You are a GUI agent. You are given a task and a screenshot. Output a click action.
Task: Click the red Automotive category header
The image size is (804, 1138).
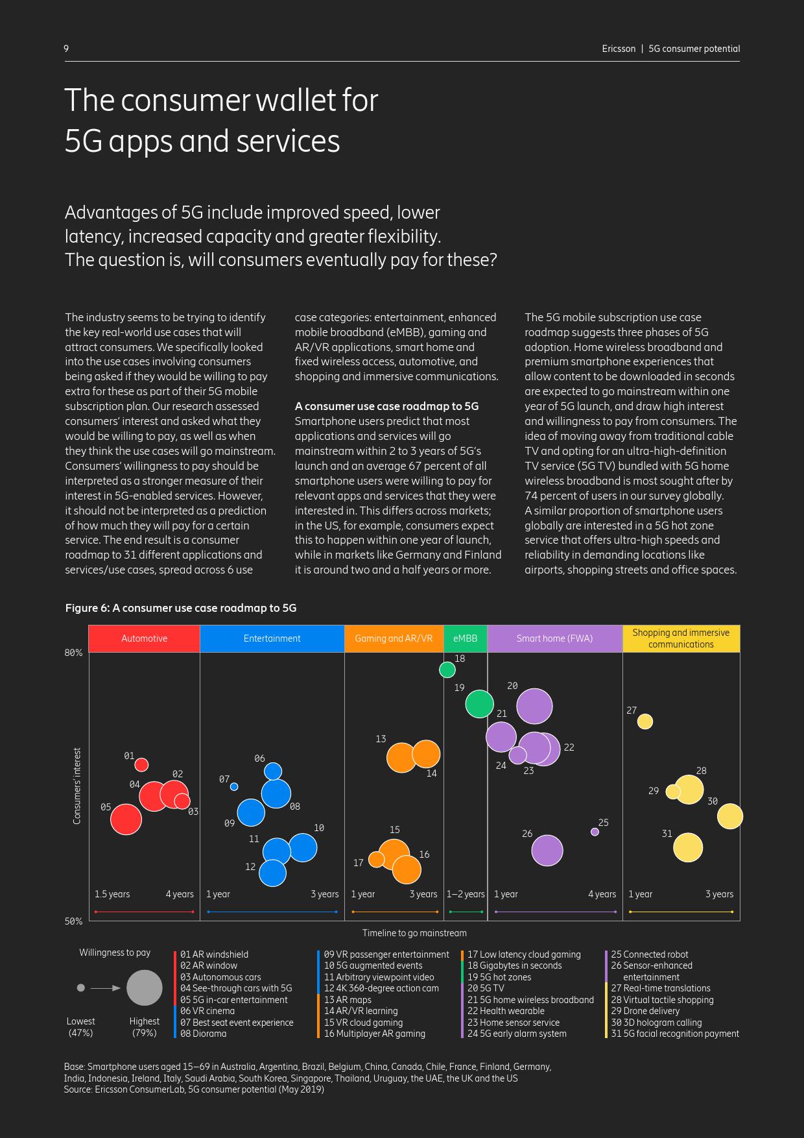[144, 638]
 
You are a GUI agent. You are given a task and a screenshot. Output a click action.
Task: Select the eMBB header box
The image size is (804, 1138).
[466, 638]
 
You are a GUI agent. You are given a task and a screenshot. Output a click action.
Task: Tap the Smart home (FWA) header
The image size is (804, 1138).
[554, 638]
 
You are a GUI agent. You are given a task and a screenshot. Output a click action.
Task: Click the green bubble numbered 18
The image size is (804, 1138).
[447, 670]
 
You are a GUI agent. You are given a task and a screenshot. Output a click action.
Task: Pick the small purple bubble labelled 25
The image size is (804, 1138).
[595, 832]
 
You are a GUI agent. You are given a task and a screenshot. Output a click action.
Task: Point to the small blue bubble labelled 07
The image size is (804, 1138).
[234, 786]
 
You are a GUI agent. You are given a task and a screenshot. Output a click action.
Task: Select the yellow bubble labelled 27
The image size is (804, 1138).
[644, 721]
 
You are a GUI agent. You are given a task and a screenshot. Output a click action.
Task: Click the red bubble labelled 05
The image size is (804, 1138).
[126, 819]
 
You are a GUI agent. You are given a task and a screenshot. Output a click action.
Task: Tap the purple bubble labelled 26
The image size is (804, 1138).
[547, 850]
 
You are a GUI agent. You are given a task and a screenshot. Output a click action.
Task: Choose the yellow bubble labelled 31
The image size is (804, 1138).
[688, 847]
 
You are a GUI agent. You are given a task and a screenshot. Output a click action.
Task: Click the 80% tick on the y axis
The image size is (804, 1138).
[74, 653]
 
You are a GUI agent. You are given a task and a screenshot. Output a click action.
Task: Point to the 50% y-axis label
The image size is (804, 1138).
[74, 921]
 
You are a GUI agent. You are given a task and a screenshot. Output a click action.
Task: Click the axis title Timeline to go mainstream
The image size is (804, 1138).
[414, 933]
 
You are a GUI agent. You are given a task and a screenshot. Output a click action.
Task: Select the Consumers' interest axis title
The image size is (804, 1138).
[77, 786]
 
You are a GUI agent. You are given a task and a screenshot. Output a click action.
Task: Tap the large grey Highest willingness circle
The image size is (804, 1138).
[144, 988]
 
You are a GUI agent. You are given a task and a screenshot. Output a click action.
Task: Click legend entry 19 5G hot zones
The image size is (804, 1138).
[499, 977]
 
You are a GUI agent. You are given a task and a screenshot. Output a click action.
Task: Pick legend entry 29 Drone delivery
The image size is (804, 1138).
[645, 1011]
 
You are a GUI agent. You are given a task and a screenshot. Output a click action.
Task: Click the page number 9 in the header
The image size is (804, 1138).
[66, 49]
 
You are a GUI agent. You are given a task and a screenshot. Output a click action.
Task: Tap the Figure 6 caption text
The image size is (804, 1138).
[181, 608]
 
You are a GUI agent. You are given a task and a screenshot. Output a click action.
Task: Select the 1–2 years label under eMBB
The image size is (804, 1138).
[466, 894]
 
